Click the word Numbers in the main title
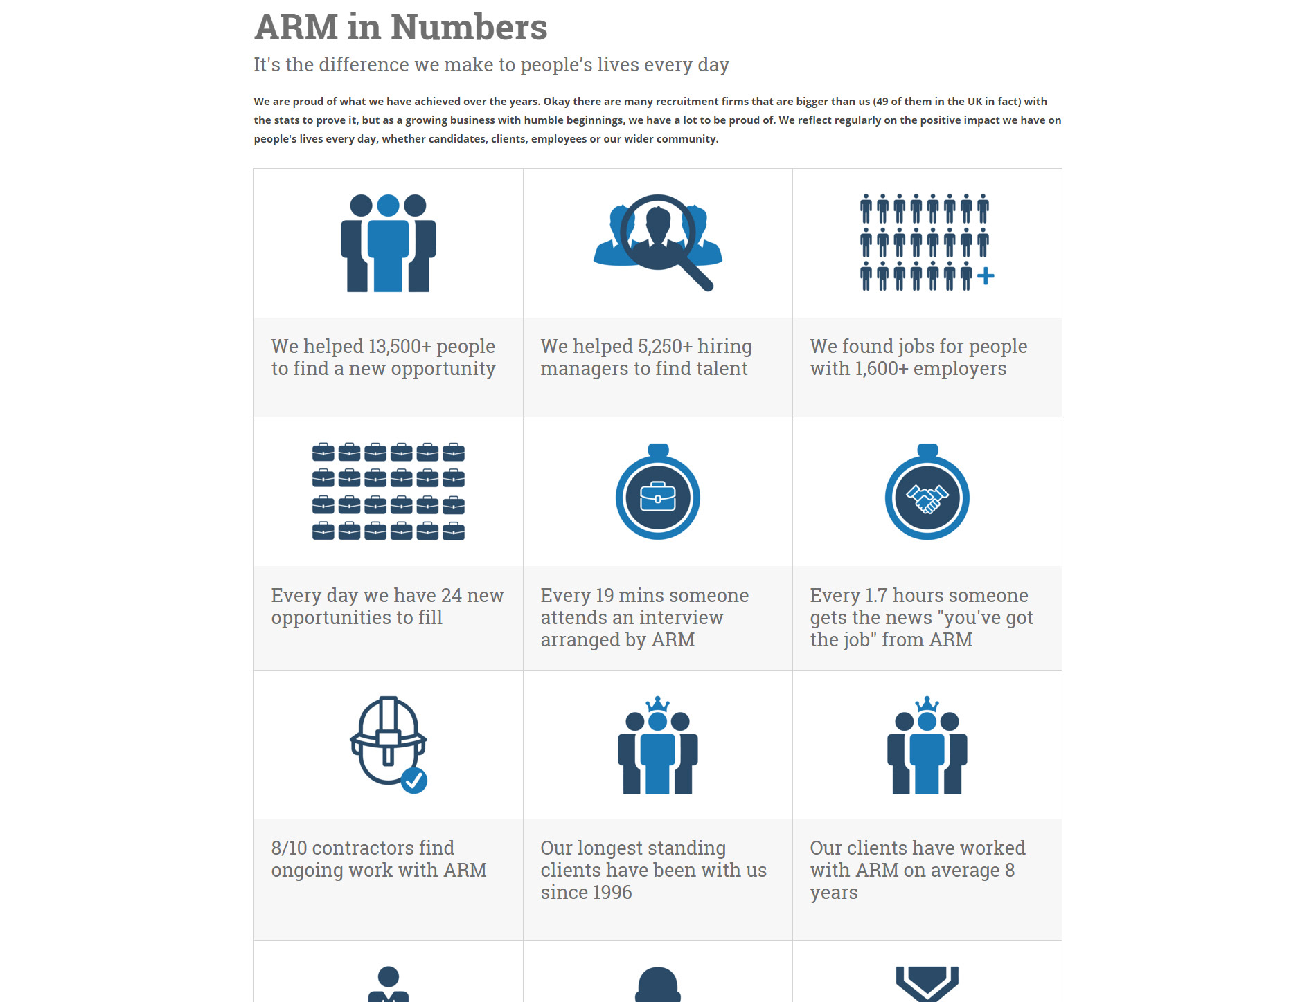469,28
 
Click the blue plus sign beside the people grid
986,277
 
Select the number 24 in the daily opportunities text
452,596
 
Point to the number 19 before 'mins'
605,596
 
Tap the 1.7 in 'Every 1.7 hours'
876,596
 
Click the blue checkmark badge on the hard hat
414,781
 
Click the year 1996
607,893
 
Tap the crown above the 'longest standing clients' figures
657,704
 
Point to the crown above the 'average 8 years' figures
927,704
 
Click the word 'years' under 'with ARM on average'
834,893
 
